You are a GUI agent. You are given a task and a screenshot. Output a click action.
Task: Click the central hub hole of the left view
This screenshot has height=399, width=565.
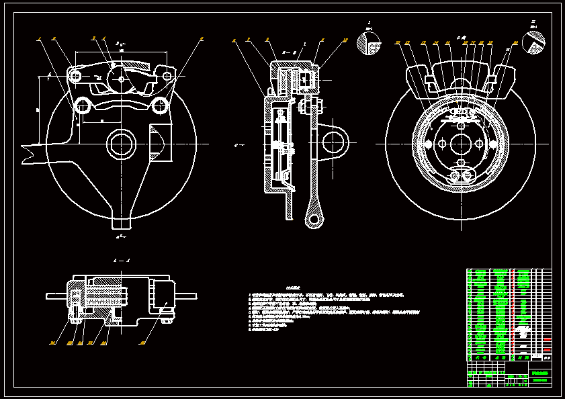121,142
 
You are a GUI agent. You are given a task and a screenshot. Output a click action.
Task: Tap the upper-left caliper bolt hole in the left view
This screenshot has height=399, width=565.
75,77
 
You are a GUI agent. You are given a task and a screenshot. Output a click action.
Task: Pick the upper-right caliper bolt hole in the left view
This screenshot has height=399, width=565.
167,77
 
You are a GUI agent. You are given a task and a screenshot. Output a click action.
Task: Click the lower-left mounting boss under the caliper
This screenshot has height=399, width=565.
83,105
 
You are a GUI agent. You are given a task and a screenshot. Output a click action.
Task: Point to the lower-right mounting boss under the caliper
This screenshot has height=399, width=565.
160,105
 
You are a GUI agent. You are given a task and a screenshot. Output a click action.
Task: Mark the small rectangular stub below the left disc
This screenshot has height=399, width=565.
122,221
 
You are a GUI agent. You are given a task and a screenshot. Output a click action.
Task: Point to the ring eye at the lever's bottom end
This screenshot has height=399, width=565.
313,218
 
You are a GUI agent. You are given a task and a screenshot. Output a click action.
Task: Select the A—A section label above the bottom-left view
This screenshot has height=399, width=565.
122,259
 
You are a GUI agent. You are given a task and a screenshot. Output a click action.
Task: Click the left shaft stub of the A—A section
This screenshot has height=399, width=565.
55,296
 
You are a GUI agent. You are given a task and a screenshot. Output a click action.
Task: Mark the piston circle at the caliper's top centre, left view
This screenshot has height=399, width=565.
122,78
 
